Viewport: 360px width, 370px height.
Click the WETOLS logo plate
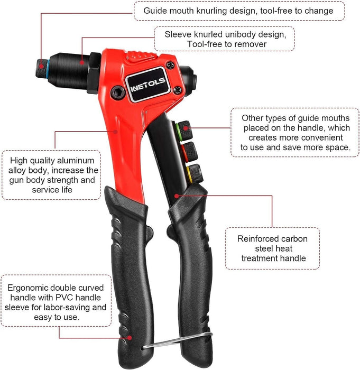click(148, 85)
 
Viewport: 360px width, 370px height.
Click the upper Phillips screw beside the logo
click(170, 64)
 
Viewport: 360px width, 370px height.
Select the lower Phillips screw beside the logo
click(178, 90)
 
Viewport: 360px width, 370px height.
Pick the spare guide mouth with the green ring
click(184, 131)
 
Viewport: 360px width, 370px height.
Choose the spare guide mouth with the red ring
click(189, 152)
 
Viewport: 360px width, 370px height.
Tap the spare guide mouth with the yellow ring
click(195, 173)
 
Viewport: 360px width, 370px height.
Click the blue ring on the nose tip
click(48, 70)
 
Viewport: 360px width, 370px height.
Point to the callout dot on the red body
click(115, 132)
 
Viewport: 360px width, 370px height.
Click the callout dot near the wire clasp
click(130, 338)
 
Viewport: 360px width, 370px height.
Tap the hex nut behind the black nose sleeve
click(94, 73)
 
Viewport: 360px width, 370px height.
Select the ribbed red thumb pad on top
click(141, 56)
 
